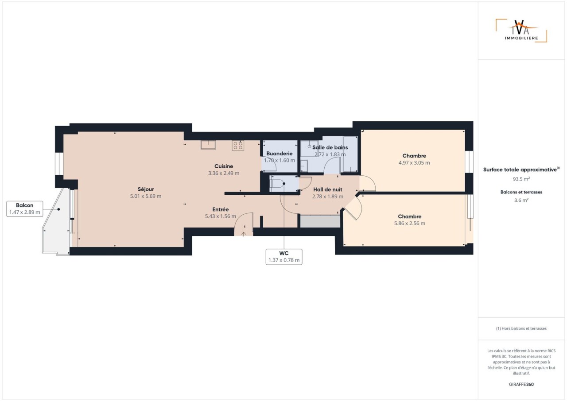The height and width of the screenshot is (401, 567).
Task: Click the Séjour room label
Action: (x=146, y=189)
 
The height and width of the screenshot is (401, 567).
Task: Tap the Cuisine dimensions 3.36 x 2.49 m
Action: (x=224, y=173)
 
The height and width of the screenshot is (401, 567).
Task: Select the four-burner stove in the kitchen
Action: (x=238, y=146)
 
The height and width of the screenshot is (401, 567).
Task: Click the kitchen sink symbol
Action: (x=208, y=145)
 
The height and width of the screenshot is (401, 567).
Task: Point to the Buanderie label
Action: (x=280, y=154)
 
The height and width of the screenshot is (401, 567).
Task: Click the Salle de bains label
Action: (x=330, y=147)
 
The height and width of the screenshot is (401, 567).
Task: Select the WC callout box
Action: (x=284, y=257)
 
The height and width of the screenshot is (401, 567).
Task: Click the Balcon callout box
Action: (x=24, y=209)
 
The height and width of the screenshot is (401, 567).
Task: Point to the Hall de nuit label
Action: (x=328, y=189)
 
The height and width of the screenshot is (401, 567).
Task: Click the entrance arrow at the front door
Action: (x=244, y=234)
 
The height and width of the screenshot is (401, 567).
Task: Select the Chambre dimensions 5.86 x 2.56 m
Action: (x=410, y=223)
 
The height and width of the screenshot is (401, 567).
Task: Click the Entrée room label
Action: (x=221, y=209)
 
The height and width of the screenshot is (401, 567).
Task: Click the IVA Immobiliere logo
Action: (x=521, y=31)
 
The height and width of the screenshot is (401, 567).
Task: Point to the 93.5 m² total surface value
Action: (x=521, y=179)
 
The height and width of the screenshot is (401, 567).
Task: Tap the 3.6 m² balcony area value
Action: (x=521, y=200)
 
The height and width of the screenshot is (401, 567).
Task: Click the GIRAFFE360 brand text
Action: (x=521, y=384)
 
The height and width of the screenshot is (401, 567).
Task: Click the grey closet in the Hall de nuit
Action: (x=320, y=221)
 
